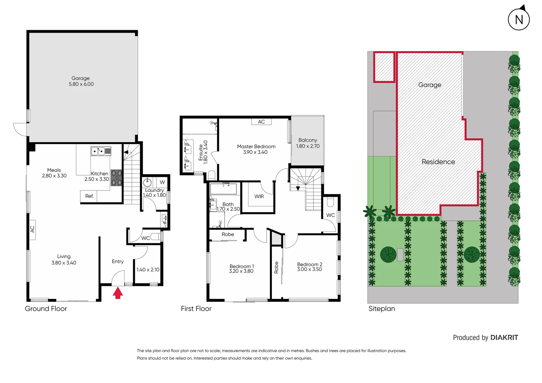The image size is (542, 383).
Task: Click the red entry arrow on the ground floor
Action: click(x=118, y=293)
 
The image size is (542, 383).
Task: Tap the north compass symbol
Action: click(x=519, y=19)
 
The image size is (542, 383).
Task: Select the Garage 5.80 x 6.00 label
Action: click(x=81, y=81)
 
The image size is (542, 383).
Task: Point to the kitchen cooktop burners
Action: click(x=116, y=178)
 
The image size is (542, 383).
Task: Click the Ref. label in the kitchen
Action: click(x=89, y=196)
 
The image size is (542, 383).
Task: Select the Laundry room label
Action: click(x=154, y=190)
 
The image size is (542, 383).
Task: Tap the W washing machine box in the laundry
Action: click(x=162, y=182)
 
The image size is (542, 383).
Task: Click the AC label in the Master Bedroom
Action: click(x=261, y=122)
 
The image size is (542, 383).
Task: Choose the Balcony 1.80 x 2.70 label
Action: click(x=308, y=143)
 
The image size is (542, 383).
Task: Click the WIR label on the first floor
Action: click(x=259, y=196)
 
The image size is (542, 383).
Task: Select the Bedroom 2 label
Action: click(x=310, y=265)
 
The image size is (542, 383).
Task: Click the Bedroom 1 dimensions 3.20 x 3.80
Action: click(x=241, y=271)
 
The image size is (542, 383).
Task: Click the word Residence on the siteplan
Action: click(x=438, y=162)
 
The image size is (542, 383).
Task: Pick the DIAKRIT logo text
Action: click(x=504, y=338)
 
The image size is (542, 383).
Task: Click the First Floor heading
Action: click(x=196, y=309)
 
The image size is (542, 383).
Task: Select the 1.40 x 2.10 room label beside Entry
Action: click(x=148, y=270)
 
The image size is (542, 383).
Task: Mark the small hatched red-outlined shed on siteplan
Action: click(x=384, y=67)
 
